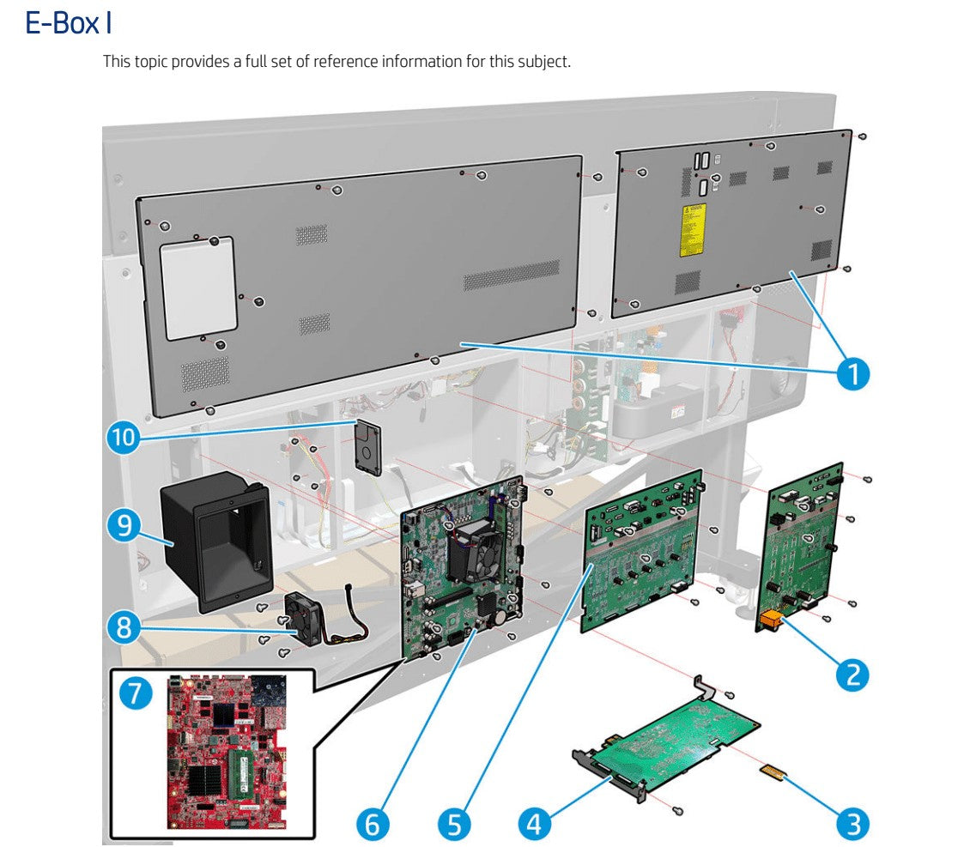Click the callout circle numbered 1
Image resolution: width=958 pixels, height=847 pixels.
coord(852,373)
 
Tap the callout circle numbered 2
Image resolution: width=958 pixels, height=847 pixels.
coord(852,674)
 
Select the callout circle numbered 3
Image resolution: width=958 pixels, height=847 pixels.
coord(852,825)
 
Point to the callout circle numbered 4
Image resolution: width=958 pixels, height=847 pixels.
coord(535,825)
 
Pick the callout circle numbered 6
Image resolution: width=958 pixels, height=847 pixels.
coord(372,825)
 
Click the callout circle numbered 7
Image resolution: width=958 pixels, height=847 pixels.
coord(134,693)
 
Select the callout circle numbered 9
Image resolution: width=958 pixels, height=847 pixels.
coord(125,523)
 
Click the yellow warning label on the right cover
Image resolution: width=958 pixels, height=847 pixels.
coord(694,230)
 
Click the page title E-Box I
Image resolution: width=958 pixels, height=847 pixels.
coord(69,23)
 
